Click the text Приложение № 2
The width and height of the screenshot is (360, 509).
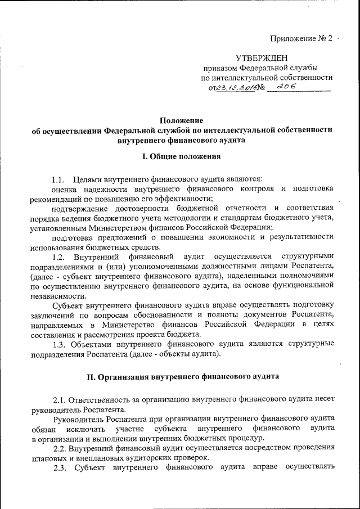click(x=301, y=39)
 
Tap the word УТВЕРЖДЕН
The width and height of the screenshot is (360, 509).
click(x=261, y=58)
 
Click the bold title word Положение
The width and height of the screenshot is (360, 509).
click(x=181, y=120)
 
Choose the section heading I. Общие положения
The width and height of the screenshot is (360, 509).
click(x=181, y=156)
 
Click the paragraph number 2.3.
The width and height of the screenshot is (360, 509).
click(x=61, y=467)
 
